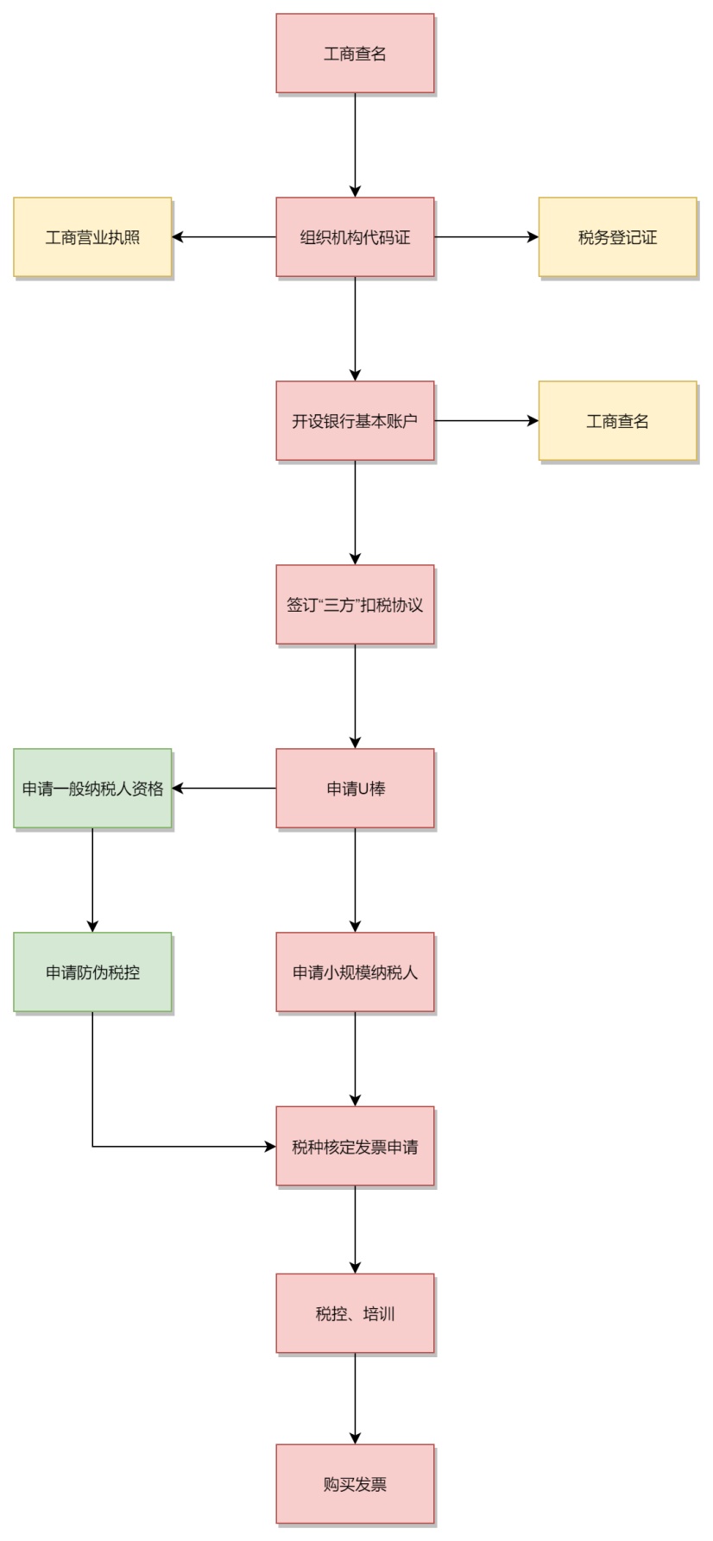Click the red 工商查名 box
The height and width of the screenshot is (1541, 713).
355,53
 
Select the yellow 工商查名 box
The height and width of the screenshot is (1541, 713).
617,421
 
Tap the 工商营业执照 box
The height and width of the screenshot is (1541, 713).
92,237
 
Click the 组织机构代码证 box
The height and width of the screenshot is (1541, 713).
355,237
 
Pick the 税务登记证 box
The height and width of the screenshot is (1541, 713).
617,237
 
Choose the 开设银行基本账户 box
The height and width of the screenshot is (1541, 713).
355,421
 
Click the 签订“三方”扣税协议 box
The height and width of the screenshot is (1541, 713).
355,605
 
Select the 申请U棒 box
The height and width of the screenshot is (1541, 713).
355,789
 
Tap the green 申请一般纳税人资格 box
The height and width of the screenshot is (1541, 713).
92,789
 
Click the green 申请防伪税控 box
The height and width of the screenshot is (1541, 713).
92,972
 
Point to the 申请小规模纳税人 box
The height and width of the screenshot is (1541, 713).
355,972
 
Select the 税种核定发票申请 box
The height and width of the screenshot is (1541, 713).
355,1147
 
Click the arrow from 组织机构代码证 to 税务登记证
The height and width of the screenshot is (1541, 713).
486,237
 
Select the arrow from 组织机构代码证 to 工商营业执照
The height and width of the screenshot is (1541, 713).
224,237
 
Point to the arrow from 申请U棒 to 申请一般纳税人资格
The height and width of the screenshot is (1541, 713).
224,789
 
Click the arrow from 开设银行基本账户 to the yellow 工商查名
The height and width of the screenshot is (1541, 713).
486,421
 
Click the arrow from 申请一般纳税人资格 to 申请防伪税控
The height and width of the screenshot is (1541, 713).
92,880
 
